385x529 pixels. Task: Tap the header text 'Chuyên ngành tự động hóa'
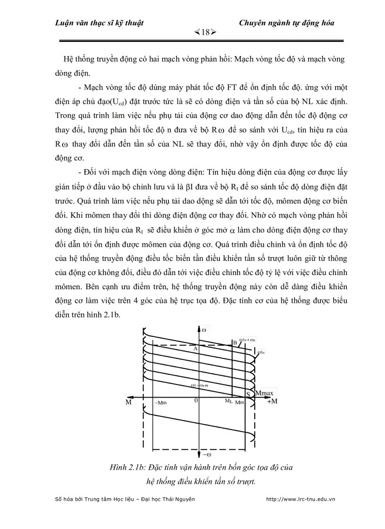click(x=286, y=23)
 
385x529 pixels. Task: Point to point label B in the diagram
click(x=234, y=343)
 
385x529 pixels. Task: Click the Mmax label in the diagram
click(x=264, y=393)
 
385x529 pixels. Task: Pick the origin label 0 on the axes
click(x=196, y=401)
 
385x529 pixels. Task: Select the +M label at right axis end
click(x=272, y=402)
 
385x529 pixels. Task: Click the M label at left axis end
click(x=128, y=402)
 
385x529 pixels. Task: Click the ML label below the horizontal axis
click(x=228, y=401)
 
